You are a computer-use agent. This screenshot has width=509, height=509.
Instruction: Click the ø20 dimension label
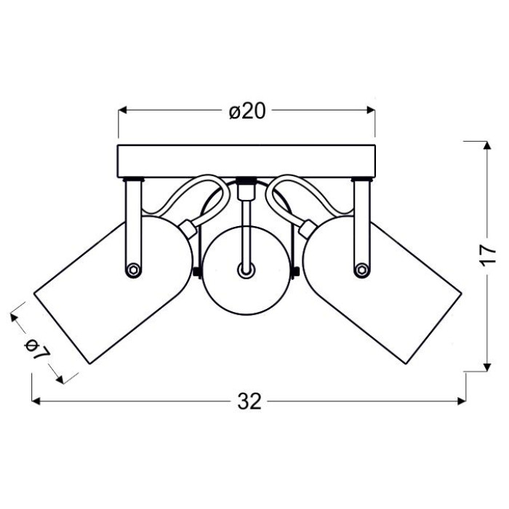247,111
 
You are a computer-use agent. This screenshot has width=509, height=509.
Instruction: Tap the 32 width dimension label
249,401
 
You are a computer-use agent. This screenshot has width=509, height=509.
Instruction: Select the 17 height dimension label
488,255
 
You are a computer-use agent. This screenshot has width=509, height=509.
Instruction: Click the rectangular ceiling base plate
247,161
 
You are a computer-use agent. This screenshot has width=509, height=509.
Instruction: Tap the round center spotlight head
247,270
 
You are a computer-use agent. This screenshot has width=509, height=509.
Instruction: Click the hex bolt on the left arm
133,270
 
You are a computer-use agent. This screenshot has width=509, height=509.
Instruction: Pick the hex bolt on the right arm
362,270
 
